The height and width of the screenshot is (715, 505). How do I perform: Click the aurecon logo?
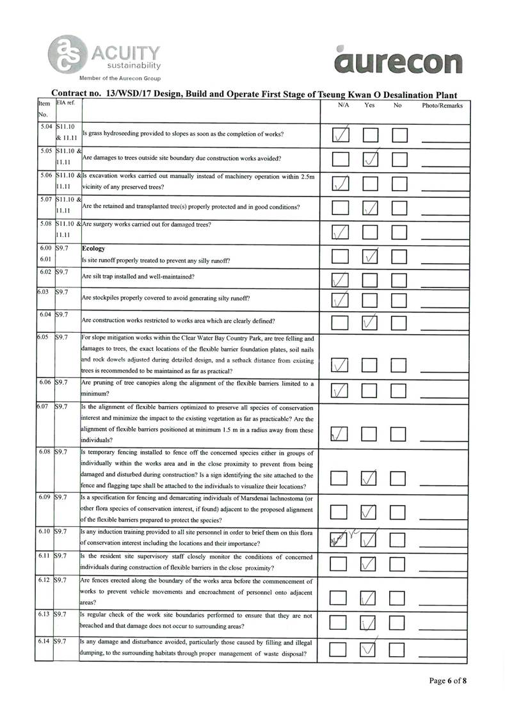click(397, 61)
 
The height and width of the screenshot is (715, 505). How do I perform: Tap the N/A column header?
click(342, 105)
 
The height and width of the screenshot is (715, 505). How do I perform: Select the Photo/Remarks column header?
click(442, 105)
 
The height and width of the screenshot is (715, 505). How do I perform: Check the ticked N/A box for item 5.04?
click(342, 134)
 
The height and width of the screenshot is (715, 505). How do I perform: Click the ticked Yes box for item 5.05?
click(371, 158)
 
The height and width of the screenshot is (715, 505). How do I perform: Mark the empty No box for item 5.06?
click(399, 184)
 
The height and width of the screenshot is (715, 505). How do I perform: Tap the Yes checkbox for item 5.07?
click(371, 207)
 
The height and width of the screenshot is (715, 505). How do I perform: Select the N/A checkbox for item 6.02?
click(342, 279)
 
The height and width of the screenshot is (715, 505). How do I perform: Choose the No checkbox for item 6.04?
click(399, 322)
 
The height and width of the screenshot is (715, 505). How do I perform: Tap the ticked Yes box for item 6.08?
click(371, 478)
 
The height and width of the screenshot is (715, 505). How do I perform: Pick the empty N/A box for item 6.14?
click(342, 649)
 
